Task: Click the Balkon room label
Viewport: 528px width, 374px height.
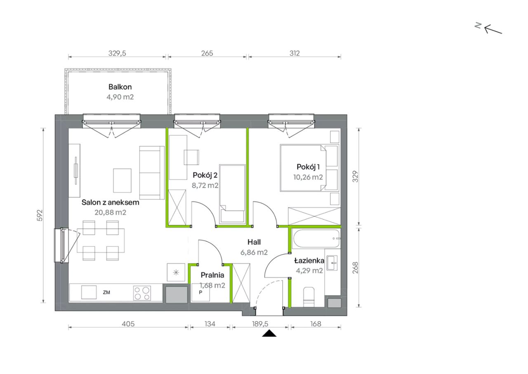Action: [x=120, y=87]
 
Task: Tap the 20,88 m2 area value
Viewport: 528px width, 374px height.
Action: [x=110, y=213]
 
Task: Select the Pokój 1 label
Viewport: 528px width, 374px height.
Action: [x=308, y=167]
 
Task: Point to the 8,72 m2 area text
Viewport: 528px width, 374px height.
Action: [x=205, y=185]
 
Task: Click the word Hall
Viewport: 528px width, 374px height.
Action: [x=254, y=242]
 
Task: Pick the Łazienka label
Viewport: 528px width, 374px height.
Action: [x=309, y=260]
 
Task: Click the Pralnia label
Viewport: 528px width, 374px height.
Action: [x=212, y=275]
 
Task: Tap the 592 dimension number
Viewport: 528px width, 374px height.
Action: [x=40, y=215]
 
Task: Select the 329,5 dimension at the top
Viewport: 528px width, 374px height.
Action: [x=117, y=53]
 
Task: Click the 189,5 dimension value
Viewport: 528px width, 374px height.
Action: [x=260, y=324]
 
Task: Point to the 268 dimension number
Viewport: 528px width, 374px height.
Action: [x=355, y=267]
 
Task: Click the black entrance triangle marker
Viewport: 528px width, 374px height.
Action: [x=269, y=333]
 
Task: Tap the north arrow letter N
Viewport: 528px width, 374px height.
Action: [x=478, y=26]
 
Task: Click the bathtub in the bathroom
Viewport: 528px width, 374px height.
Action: [x=316, y=239]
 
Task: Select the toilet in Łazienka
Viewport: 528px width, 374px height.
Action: [x=309, y=297]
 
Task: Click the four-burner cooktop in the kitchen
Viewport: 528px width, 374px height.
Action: [x=142, y=293]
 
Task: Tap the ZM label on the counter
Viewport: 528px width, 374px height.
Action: [x=106, y=292]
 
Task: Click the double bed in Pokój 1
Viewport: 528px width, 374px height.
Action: [x=309, y=168]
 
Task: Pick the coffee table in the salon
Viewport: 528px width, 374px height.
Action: [x=122, y=181]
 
